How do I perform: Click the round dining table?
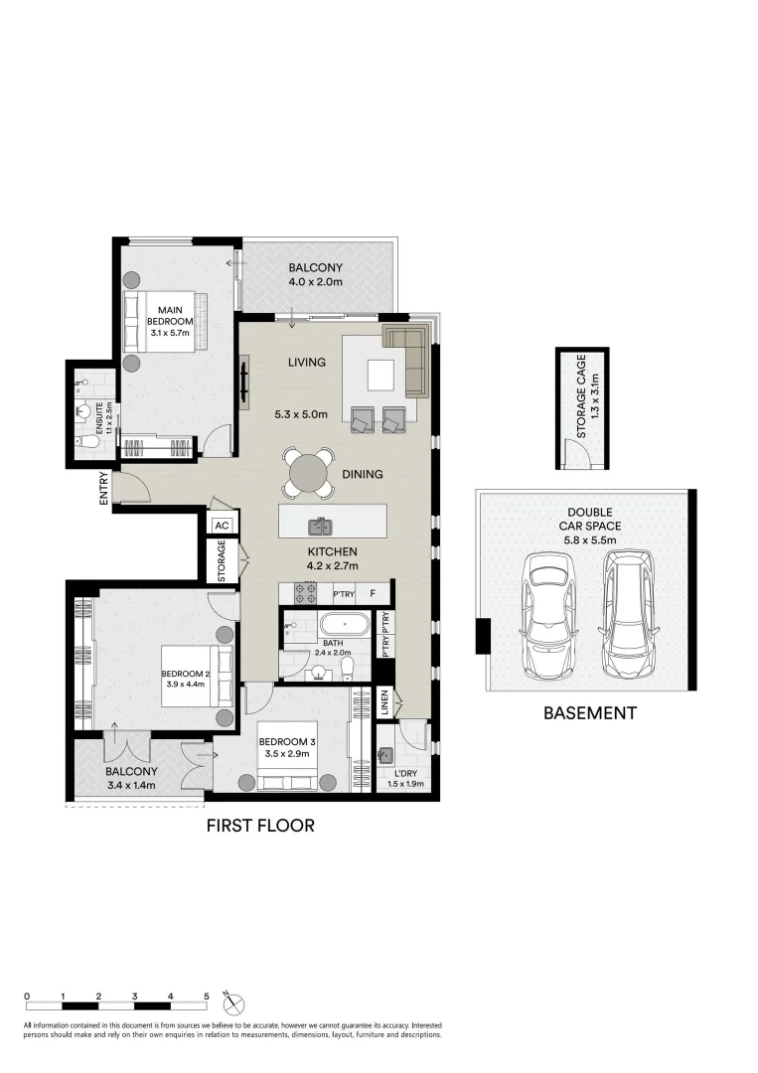click(x=309, y=472)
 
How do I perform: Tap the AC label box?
click(x=222, y=526)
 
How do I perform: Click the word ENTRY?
click(x=103, y=490)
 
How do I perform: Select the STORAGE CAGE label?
click(x=582, y=395)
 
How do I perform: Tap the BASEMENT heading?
click(x=589, y=712)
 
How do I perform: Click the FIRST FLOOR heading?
click(x=260, y=826)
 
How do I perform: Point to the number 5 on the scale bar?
click(x=207, y=995)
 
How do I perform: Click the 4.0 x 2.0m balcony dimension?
click(x=315, y=282)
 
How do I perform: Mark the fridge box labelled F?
click(x=373, y=594)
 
